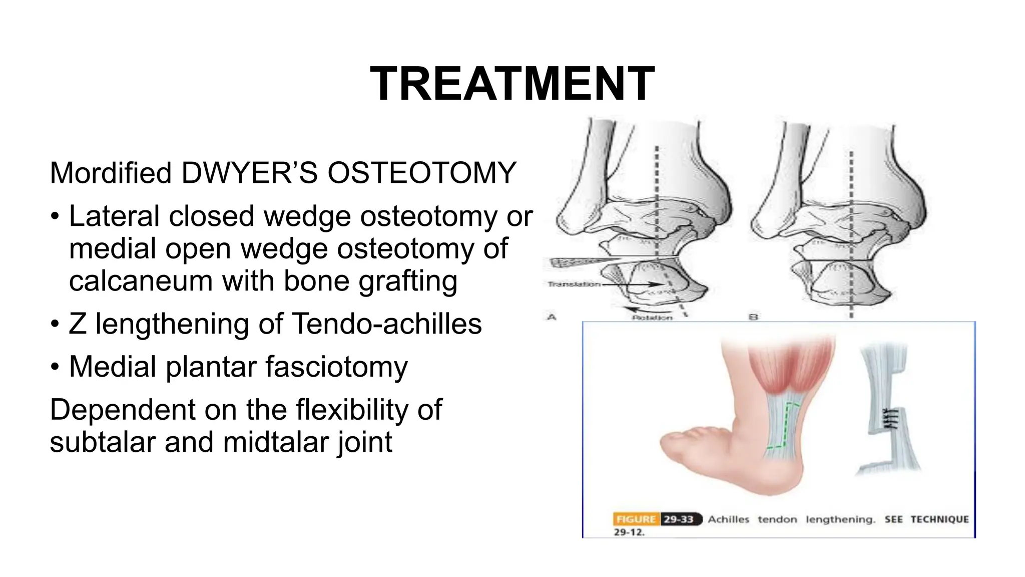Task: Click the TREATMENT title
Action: [x=512, y=84]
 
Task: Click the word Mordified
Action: [x=111, y=173]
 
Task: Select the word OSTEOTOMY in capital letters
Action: [x=421, y=173]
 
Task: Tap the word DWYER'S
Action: [x=249, y=173]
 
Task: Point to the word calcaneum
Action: [x=141, y=280]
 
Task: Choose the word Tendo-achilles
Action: [x=386, y=324]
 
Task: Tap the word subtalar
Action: [x=103, y=442]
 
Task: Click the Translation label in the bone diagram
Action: [x=574, y=284]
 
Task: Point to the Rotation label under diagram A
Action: [x=652, y=318]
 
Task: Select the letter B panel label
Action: [x=753, y=317]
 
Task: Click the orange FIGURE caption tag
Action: [x=636, y=519]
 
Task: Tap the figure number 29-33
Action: [x=678, y=519]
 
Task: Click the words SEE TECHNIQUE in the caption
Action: [x=926, y=519]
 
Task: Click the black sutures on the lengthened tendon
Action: [x=889, y=418]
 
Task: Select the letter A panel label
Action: [x=552, y=317]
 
